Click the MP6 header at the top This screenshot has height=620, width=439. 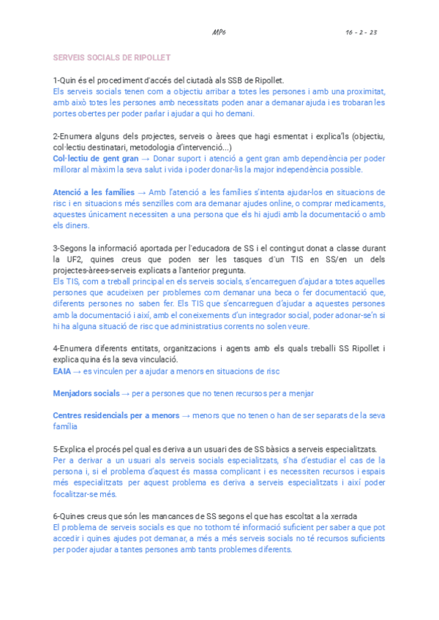click(x=219, y=33)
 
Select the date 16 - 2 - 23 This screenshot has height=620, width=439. click(x=361, y=33)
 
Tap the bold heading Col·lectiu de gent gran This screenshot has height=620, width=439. click(x=96, y=158)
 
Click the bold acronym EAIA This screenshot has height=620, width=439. click(x=62, y=371)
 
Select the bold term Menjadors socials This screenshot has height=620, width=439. click(x=86, y=393)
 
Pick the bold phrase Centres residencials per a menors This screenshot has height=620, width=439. click(x=116, y=415)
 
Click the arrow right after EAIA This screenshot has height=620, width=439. click(x=77, y=371)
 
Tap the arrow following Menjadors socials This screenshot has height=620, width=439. click(x=126, y=393)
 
